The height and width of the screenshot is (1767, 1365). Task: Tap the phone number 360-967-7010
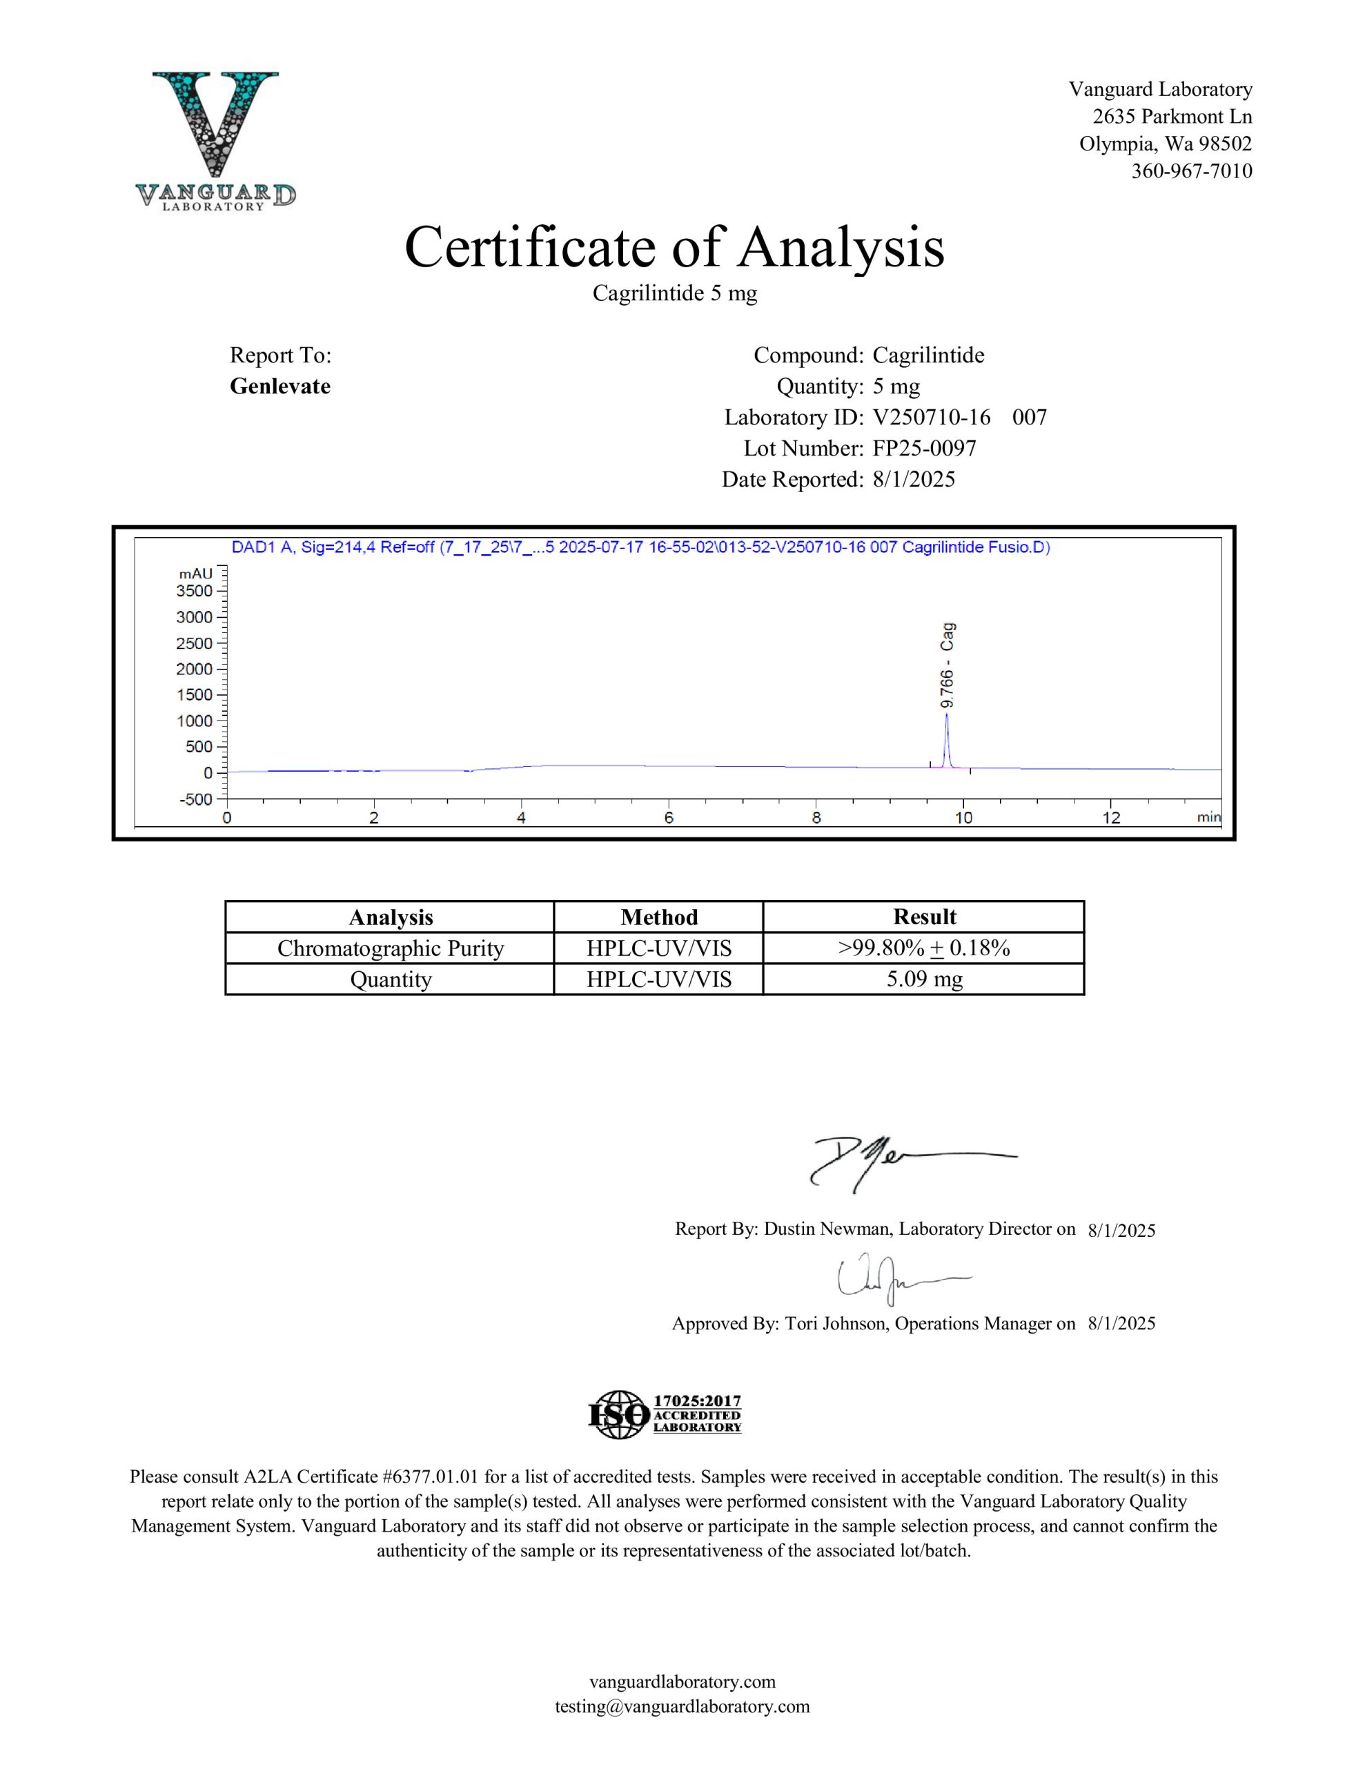[x=1191, y=170]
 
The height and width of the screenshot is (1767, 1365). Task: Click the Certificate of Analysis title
[x=674, y=247]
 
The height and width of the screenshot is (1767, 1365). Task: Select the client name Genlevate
[x=280, y=386]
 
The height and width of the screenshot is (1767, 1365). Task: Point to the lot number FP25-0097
[x=924, y=448]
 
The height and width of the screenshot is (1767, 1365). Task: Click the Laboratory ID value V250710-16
[x=932, y=418]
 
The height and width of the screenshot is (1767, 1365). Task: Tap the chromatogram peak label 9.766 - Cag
[x=947, y=665]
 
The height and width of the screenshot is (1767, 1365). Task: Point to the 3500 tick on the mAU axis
[x=194, y=591]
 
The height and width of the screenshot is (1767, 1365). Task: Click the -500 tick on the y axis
[x=194, y=799]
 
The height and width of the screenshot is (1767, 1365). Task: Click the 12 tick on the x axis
[x=1111, y=818]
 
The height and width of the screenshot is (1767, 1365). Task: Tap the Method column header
[x=658, y=917]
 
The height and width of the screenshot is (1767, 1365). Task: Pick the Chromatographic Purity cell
[x=390, y=948]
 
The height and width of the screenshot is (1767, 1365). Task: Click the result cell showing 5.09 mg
[x=924, y=979]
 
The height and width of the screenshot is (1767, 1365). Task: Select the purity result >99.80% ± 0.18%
[x=924, y=948]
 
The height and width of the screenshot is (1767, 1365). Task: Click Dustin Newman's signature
[x=890, y=1162]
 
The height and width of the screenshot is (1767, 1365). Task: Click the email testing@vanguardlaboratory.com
[x=682, y=1706]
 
